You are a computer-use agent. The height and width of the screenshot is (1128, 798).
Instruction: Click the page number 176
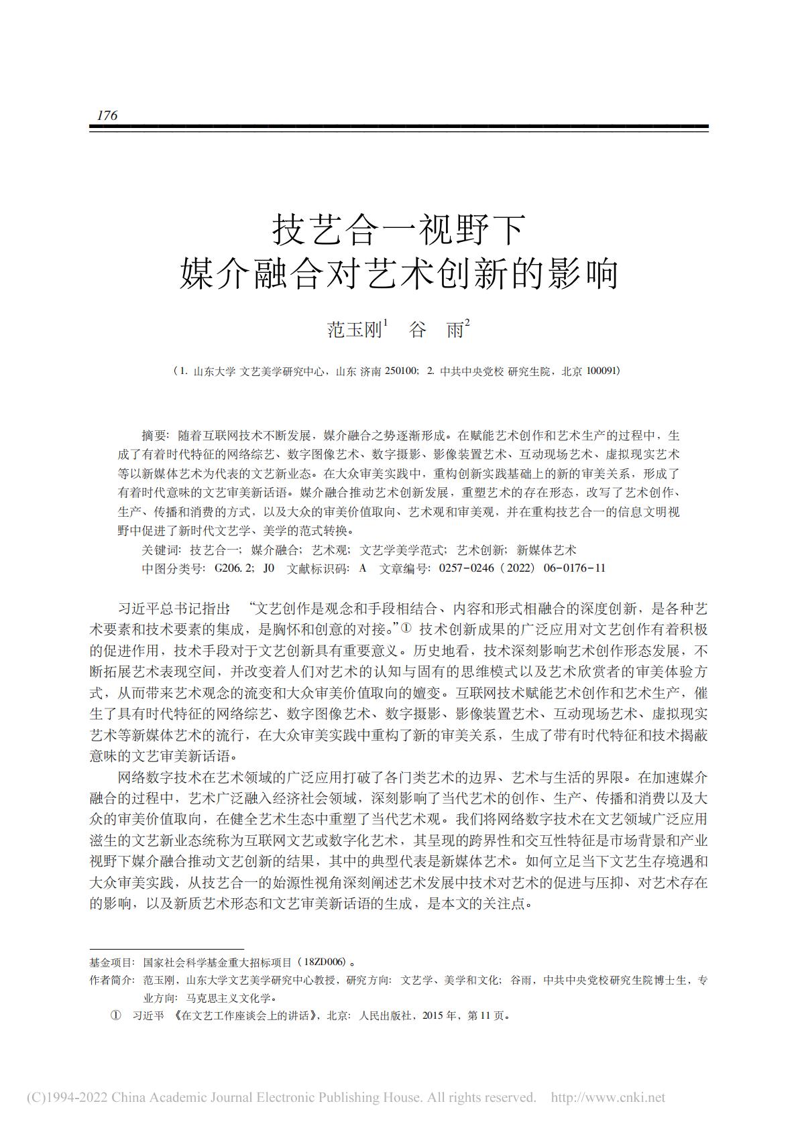[x=107, y=115]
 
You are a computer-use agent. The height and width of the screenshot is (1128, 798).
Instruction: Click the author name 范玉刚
[x=353, y=330]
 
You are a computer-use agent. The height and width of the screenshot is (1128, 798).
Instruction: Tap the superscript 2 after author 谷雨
[x=467, y=322]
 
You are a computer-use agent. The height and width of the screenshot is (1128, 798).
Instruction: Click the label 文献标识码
[x=317, y=568]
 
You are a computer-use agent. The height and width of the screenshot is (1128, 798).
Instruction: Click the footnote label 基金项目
[x=111, y=962]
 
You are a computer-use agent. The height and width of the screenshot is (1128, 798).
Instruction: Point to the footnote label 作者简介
[x=111, y=980]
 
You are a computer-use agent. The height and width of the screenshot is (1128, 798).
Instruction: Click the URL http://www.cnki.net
[x=608, y=1097]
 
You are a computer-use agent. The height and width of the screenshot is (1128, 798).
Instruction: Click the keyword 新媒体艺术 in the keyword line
[x=546, y=550]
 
